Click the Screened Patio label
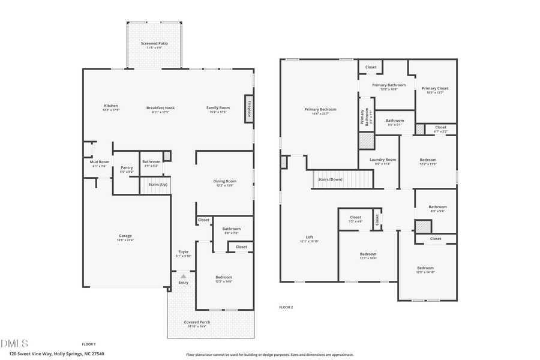click(154, 44)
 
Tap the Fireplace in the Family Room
click(249, 109)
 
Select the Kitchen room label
click(111, 106)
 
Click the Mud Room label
click(100, 162)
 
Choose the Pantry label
click(127, 167)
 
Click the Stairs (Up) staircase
click(158, 185)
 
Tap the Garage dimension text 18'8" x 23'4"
click(125, 240)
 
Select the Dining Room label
click(225, 181)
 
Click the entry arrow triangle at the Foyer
click(183, 275)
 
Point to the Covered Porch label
click(197, 322)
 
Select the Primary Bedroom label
click(320, 109)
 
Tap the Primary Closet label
click(435, 88)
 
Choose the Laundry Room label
click(382, 160)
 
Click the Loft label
click(310, 237)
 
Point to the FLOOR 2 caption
click(286, 307)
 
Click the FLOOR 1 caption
click(88, 344)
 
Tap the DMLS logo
click(14, 344)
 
